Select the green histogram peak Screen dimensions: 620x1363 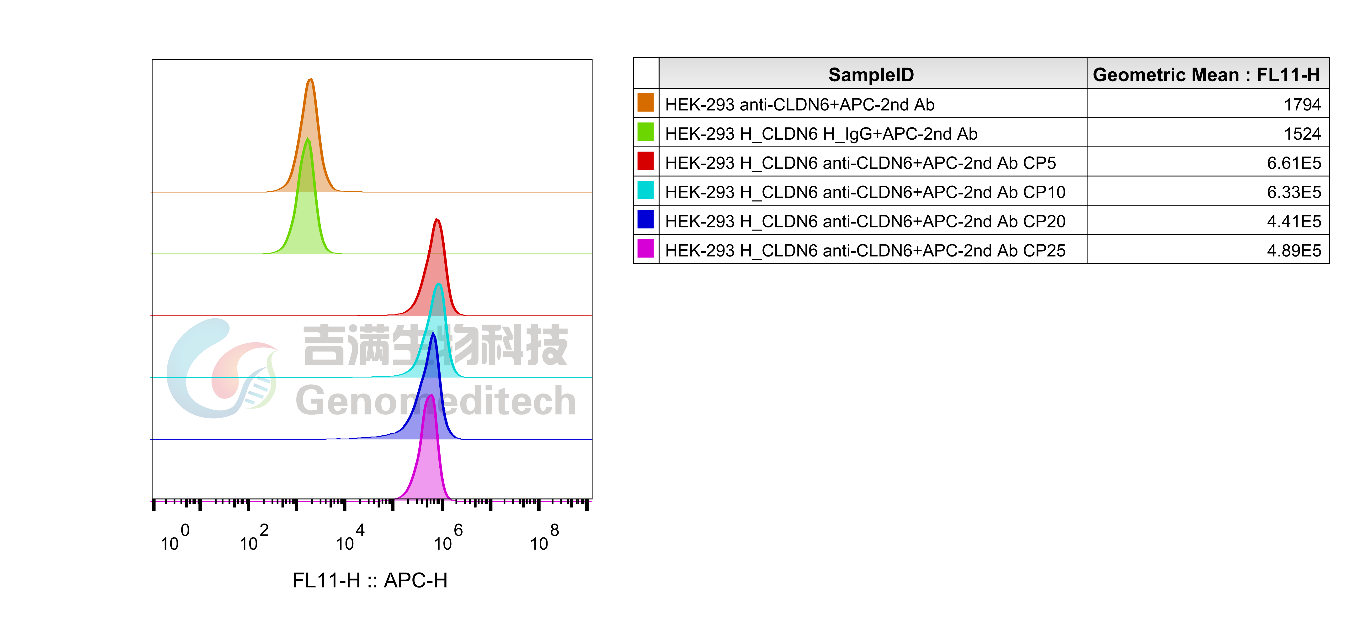pyautogui.click(x=307, y=212)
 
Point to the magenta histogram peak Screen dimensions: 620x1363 pyautogui.click(x=430, y=455)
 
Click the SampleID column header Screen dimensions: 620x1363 pyautogui.click(x=871, y=75)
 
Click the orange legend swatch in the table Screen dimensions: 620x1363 pyautogui.click(x=645, y=103)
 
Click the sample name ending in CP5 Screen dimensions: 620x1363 pyautogui.click(x=860, y=163)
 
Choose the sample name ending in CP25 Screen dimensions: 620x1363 pyautogui.click(x=865, y=250)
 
